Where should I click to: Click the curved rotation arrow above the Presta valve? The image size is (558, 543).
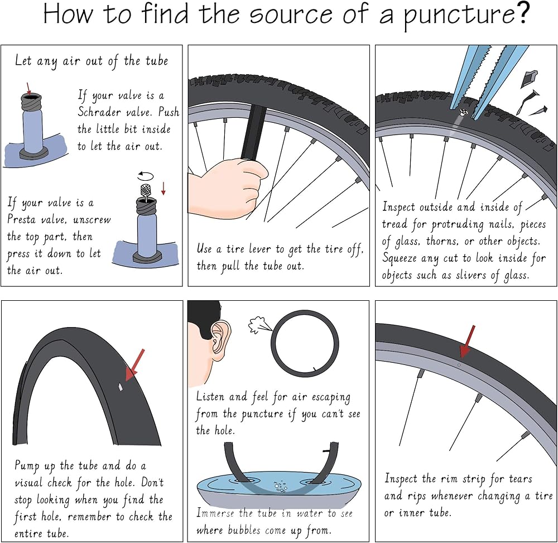tap(146, 176)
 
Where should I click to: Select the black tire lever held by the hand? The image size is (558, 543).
tap(253, 133)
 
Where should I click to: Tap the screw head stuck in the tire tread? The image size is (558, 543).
tap(464, 112)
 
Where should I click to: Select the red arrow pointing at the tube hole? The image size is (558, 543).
tap(135, 365)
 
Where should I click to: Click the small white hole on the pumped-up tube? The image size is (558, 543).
tap(121, 387)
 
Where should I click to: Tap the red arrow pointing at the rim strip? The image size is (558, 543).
tap(467, 341)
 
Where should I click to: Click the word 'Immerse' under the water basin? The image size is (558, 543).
tap(215, 513)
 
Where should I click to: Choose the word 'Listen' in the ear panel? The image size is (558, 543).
tap(210, 396)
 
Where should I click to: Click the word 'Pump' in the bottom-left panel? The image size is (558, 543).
tap(27, 466)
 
